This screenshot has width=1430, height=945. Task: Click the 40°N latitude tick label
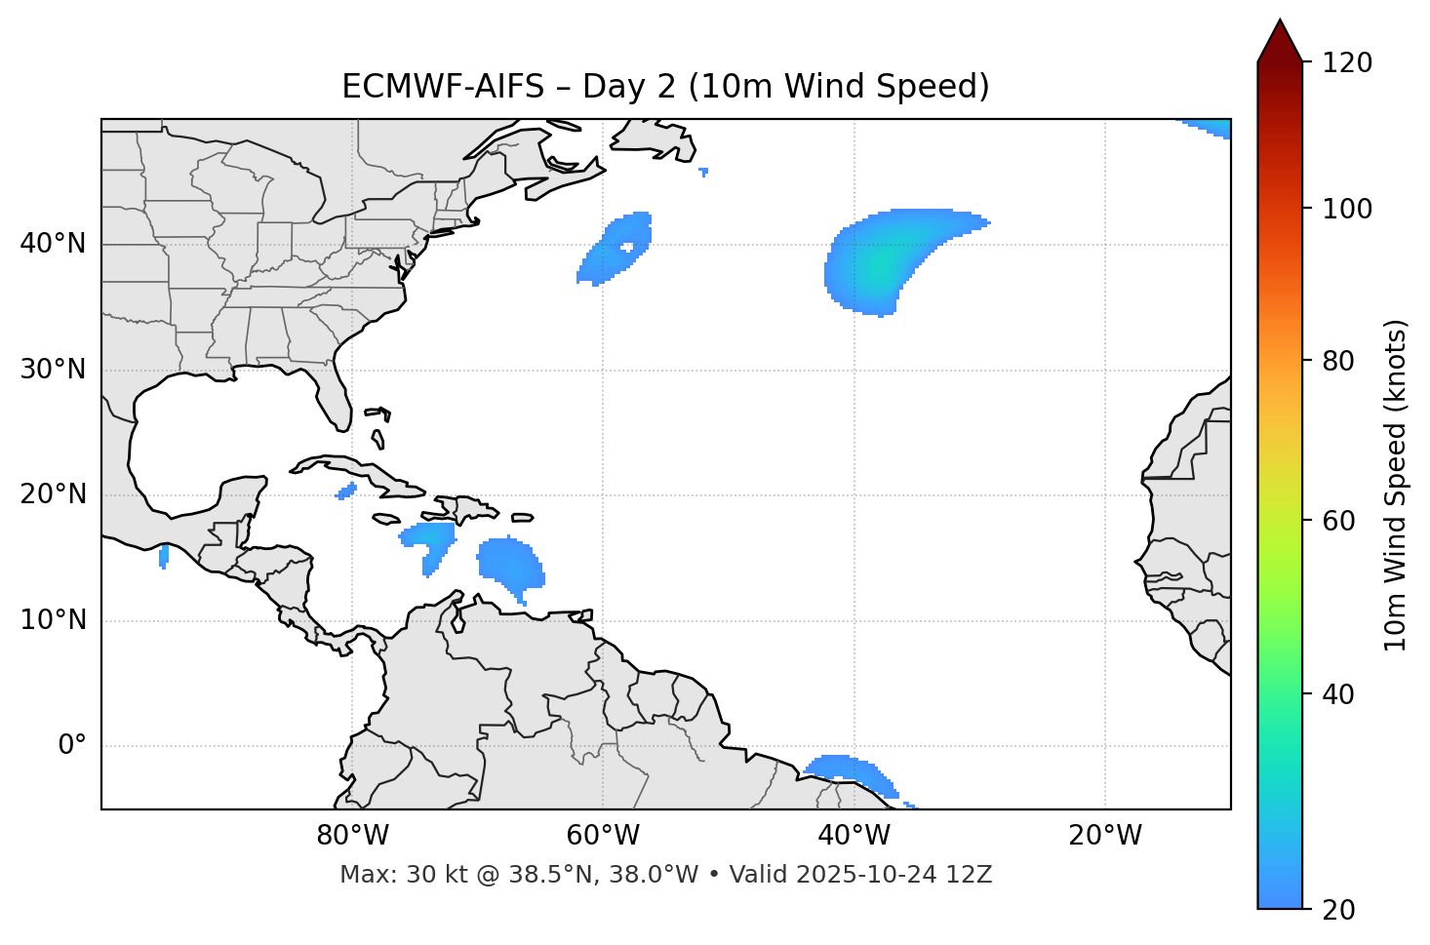coord(53,244)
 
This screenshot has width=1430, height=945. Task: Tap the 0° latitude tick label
coord(72,746)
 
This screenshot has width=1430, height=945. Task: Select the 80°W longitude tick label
coord(352,836)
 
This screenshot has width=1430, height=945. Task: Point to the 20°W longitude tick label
coord(1105,836)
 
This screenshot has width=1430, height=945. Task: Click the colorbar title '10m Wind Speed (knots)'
coord(1396,485)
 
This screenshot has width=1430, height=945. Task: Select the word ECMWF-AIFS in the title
coord(443,87)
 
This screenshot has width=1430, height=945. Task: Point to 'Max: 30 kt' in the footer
coord(385,875)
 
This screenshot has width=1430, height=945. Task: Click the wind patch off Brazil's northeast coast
coord(849,768)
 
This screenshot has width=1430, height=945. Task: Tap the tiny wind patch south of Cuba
coord(346,492)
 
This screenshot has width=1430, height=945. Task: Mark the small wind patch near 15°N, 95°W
coord(163,556)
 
